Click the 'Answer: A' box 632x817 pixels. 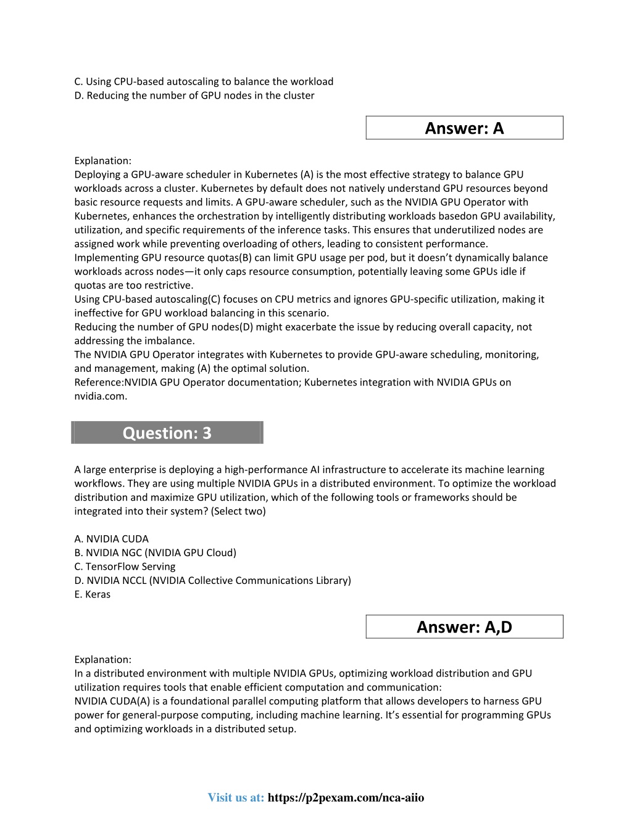(x=464, y=128)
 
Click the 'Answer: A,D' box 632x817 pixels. (x=464, y=626)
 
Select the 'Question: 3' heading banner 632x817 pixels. (x=167, y=433)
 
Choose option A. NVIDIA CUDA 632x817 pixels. (x=112, y=539)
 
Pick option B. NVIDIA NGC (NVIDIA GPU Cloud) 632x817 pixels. (x=155, y=552)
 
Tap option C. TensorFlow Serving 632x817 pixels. (x=125, y=567)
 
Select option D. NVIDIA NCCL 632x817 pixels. (x=212, y=580)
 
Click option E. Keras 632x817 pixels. (x=93, y=594)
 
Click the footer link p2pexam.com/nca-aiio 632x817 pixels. (x=346, y=798)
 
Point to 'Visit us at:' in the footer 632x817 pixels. (x=236, y=798)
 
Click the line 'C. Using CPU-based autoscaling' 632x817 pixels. (x=204, y=81)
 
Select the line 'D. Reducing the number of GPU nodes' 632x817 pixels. (x=194, y=96)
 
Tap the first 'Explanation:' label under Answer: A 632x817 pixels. (x=102, y=160)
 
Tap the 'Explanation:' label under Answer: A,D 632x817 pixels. (x=102, y=659)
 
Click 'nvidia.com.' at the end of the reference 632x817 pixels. (x=101, y=396)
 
